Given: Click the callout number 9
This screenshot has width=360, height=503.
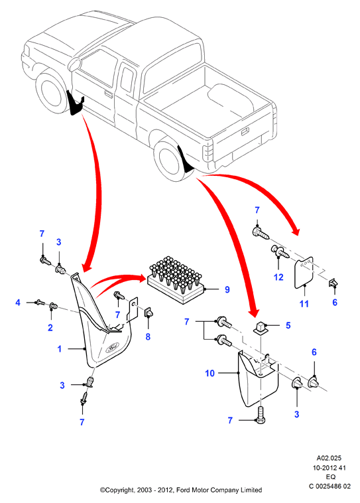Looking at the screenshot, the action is (227, 290).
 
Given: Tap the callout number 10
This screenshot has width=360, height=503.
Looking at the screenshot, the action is (210, 374).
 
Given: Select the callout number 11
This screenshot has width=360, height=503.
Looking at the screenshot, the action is (304, 303).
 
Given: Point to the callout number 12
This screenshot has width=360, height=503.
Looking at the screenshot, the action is (278, 277).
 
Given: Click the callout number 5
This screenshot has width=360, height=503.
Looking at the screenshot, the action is (288, 326).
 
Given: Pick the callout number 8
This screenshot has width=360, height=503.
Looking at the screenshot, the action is (148, 337).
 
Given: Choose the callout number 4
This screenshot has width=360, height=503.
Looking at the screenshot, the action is (18, 303).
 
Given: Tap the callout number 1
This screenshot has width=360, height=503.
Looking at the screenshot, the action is (59, 348).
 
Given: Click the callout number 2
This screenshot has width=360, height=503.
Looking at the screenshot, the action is (50, 328).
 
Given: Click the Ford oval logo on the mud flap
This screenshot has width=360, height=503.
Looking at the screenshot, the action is (112, 348).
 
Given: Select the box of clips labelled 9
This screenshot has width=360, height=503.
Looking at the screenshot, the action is (176, 279).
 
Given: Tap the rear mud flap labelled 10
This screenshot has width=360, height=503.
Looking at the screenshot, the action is (257, 378).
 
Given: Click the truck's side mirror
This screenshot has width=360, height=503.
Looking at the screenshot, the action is (76, 64).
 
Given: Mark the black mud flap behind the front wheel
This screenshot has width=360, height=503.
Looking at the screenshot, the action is (75, 103).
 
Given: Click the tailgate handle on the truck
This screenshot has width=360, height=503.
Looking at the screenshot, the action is (245, 131).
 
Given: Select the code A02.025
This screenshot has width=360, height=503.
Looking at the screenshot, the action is (329, 458).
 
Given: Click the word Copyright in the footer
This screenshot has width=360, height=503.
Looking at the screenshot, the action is (118, 490).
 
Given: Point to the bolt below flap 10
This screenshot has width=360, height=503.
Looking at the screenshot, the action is (261, 414).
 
